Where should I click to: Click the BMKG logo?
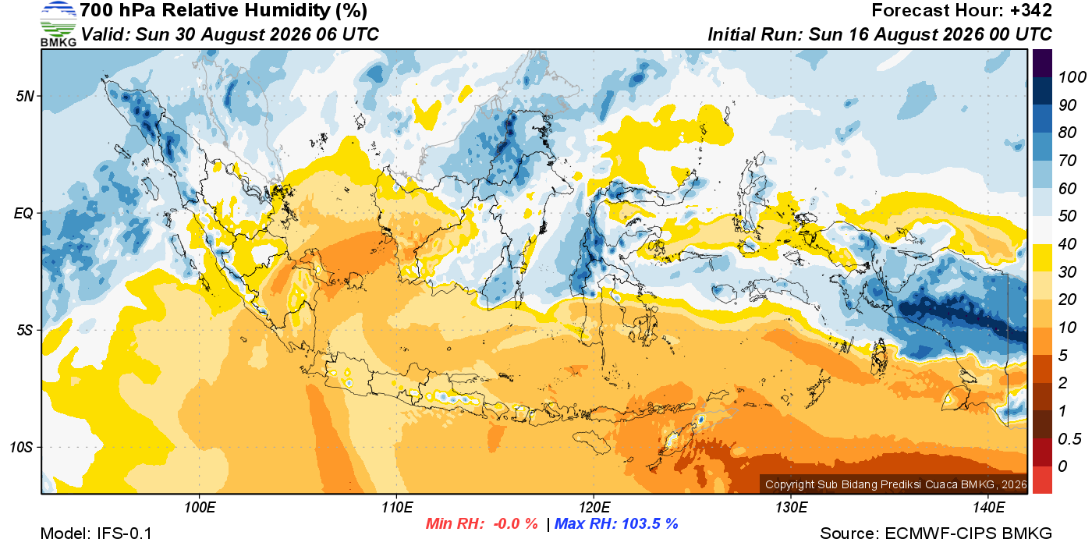58,24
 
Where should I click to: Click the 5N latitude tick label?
25,96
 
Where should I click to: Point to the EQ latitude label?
23,213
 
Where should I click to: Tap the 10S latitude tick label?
22,447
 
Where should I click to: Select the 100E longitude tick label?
200,507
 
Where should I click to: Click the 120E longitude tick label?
594,507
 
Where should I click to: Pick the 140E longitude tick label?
988,507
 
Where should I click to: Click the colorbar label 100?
1072,77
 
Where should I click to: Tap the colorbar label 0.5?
1069,439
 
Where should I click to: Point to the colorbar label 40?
1067,244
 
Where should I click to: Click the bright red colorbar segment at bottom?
1042,480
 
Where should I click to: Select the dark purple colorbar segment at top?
1042,63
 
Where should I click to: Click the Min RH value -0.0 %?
516,523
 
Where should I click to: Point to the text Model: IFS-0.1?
96,534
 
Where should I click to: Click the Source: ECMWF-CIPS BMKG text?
935,534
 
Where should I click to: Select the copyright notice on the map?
896,484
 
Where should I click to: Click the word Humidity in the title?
288,10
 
